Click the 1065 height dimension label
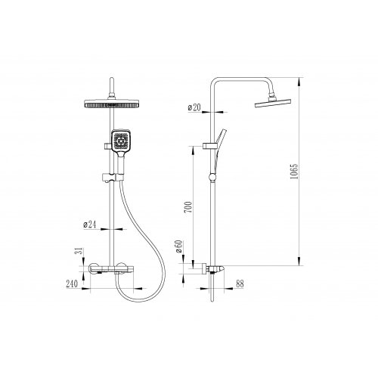294,172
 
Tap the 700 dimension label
188,207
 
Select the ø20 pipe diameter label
194,107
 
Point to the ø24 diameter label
90,225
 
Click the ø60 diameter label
178,246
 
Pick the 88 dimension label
240,283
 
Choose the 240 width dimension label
72,284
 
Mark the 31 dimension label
79,251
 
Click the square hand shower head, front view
121,141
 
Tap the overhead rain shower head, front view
111,104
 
